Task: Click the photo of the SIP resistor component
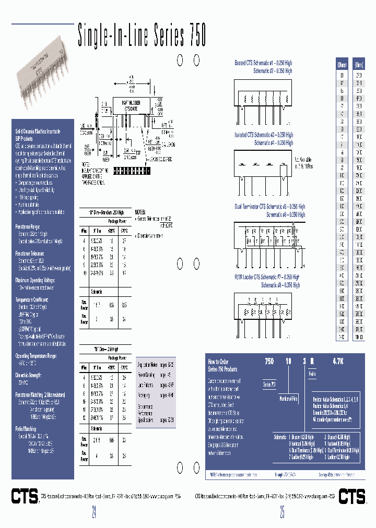[42, 79]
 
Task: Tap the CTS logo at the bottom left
[25, 496]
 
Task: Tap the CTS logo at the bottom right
[352, 496]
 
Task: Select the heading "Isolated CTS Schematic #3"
[264, 135]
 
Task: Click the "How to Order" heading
[218, 361]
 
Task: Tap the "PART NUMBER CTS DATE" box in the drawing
[128, 105]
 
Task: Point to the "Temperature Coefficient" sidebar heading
[32, 300]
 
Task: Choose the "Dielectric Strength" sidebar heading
[29, 375]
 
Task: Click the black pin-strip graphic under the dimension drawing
[132, 171]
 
